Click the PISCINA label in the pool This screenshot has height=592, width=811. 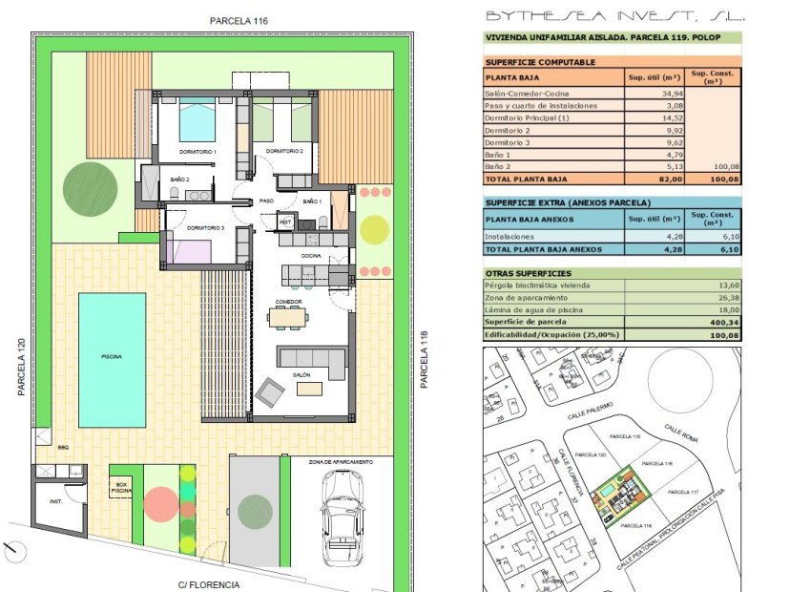112,356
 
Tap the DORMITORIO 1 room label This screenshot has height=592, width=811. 198,152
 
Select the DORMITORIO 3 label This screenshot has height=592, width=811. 205,228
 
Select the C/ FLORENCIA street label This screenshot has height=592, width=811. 208,583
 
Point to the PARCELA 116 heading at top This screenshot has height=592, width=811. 240,20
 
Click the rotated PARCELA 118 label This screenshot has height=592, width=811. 425,360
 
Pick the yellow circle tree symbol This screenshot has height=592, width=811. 375,228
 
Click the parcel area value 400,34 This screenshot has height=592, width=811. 721,322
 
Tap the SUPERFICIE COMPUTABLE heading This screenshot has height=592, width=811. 540,62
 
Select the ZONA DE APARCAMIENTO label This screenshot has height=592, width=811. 340,461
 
